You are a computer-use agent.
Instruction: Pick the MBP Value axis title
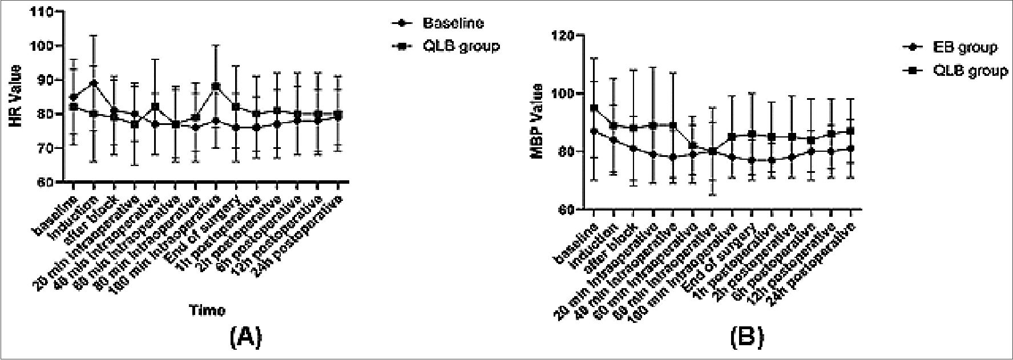point(536,122)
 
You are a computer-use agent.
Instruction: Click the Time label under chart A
point(207,310)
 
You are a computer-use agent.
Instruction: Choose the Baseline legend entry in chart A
point(453,23)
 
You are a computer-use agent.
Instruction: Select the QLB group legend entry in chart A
point(461,46)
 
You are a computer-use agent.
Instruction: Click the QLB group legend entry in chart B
point(971,71)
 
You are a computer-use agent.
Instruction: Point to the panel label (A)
point(245,338)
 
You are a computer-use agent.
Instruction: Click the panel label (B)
point(746,338)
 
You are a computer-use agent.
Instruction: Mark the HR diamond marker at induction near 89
point(94,83)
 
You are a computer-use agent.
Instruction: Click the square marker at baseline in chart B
point(594,107)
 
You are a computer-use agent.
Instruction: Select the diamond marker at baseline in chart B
point(594,131)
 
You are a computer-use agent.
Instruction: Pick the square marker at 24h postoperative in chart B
point(851,131)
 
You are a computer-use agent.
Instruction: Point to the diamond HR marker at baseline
point(74,97)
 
